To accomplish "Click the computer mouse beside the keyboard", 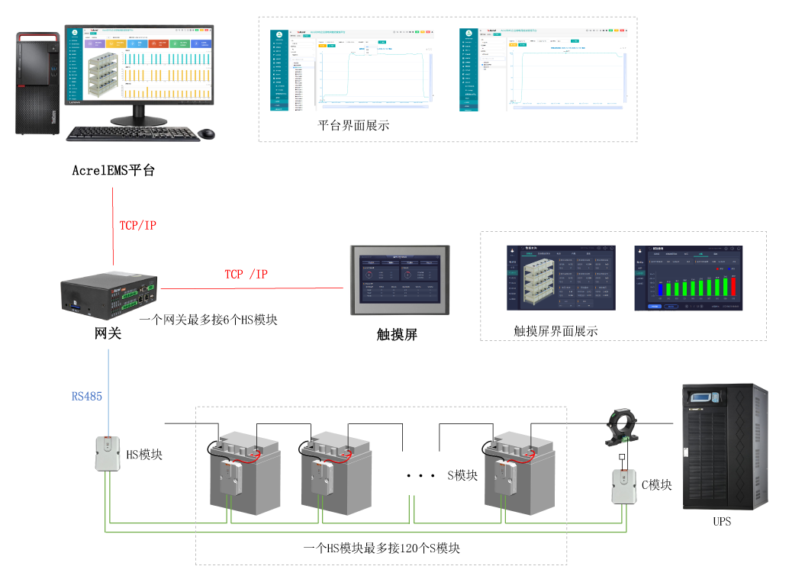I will [x=206, y=134].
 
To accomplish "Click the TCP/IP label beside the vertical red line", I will [x=138, y=226].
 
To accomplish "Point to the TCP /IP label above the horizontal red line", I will [x=246, y=274].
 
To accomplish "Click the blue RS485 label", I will [x=87, y=397].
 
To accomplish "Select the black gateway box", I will [x=109, y=297].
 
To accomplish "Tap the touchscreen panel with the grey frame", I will [x=401, y=280].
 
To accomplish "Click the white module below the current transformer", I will [x=623, y=486].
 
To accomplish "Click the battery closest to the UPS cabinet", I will [x=520, y=473].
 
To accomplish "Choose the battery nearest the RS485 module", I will [x=245, y=473].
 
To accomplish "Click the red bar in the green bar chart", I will [x=734, y=286].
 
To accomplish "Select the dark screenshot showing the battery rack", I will [x=560, y=277].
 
